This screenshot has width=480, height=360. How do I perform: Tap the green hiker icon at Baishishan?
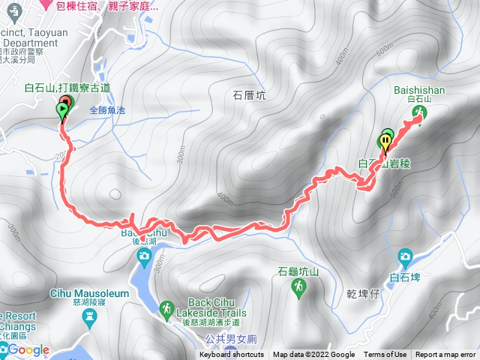tap(419, 112)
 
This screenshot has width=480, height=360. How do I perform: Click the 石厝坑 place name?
tap(250, 96)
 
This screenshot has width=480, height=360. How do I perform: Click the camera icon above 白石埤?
tap(406, 256)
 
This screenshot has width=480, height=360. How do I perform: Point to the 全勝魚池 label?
tap(109, 109)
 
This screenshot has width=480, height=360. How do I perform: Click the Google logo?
tap(28, 349)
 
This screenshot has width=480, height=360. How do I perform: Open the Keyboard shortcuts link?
tap(232, 355)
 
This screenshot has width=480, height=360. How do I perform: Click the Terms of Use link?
tap(385, 355)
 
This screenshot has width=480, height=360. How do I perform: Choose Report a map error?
tap(445, 355)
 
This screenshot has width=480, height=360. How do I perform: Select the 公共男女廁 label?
tap(229, 338)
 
